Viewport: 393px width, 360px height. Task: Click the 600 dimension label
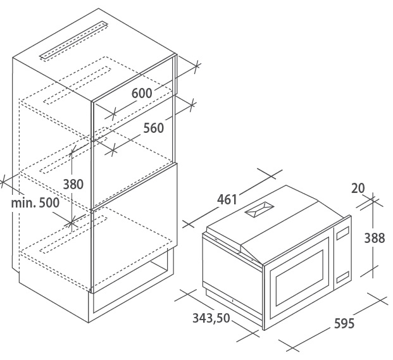[142, 94]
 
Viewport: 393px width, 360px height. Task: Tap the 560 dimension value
[153, 128]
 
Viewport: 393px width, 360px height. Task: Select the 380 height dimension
[73, 184]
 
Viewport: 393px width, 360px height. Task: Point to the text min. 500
[35, 202]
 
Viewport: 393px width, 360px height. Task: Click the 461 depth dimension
[227, 200]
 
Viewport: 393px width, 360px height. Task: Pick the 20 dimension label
[358, 188]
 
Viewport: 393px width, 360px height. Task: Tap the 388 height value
[375, 238]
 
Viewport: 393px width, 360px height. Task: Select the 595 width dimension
[344, 323]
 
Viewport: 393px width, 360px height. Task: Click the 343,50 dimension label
[211, 318]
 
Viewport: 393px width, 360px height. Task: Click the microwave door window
[299, 278]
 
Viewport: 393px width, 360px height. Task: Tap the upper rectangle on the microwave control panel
[342, 233]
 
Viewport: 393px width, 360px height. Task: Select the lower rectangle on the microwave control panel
[342, 277]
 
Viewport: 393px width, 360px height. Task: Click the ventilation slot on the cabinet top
[74, 41]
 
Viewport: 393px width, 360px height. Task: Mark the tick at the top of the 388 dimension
[373, 200]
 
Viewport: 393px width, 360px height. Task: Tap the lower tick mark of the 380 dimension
[72, 222]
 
